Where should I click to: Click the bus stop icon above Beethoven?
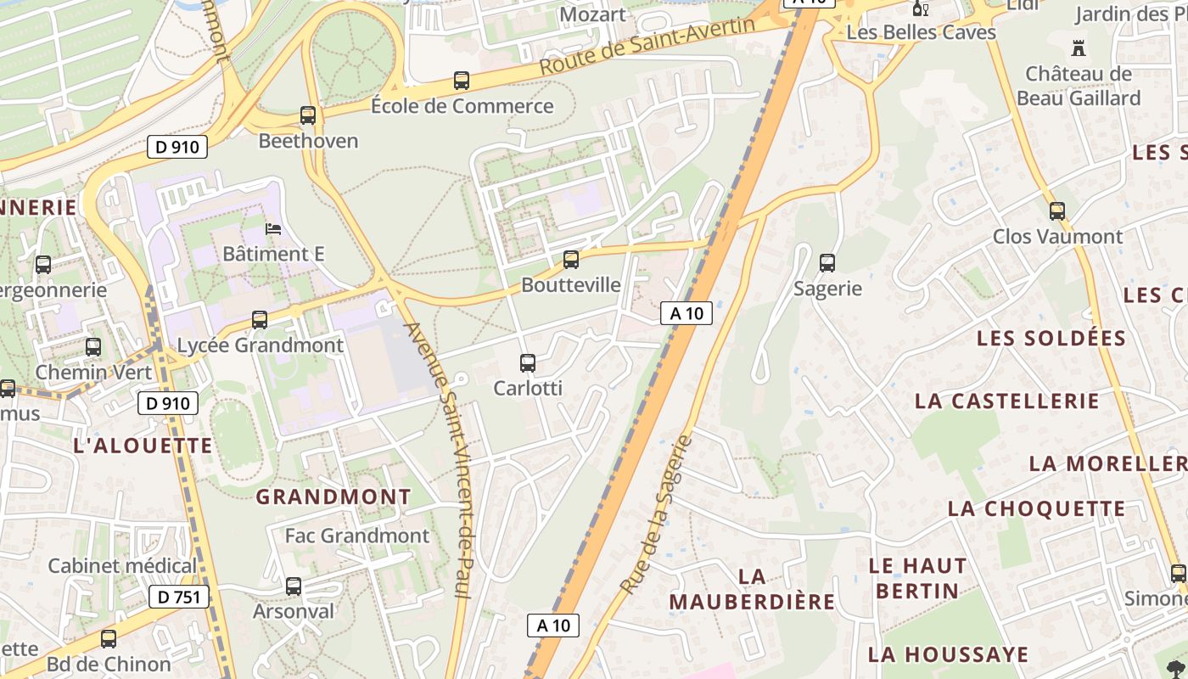tap(308, 115)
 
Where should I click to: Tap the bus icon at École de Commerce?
tap(462, 81)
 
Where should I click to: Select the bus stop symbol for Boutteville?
tap(571, 260)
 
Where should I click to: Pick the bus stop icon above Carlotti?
tap(528, 363)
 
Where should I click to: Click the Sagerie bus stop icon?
tap(827, 263)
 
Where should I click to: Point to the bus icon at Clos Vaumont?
tap(1057, 211)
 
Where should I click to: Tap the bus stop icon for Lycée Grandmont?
tap(260, 320)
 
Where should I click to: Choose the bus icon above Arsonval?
tap(294, 586)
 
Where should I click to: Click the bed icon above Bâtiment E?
tap(273, 229)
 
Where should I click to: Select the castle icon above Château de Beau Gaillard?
tap(1079, 48)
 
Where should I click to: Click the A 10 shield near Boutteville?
tap(686, 313)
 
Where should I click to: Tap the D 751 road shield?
tap(179, 597)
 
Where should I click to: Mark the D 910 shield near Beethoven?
tap(177, 147)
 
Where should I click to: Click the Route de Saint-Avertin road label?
tap(647, 45)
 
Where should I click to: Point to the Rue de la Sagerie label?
tap(657, 515)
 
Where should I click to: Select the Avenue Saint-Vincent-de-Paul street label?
tap(450, 459)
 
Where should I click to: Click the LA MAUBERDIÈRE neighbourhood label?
tap(752, 589)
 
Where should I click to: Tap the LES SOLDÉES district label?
tap(1051, 338)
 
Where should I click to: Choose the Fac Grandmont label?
tap(357, 536)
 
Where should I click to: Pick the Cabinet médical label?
tap(122, 565)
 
